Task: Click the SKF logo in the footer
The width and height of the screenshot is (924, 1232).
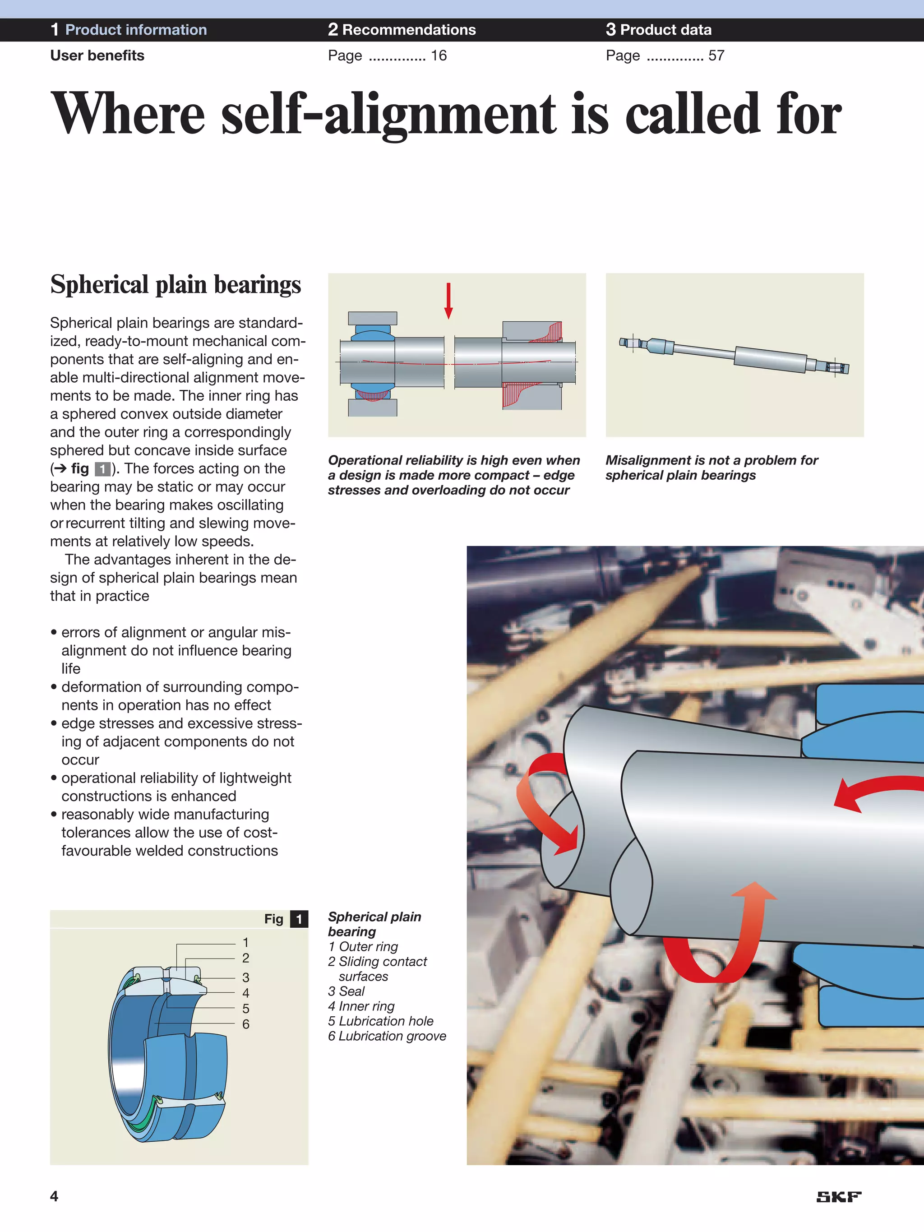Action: [x=838, y=1197]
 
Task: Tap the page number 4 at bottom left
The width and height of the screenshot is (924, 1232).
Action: [x=54, y=1196]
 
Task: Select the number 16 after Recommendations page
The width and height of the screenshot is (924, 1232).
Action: [x=439, y=56]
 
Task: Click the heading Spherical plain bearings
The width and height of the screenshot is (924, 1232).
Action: [x=176, y=285]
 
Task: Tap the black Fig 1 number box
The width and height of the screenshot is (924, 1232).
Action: [x=299, y=919]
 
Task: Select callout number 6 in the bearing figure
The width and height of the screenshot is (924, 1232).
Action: [x=245, y=1024]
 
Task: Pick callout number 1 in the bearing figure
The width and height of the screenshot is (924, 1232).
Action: [x=245, y=943]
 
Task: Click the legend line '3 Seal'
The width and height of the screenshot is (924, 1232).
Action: [x=346, y=991]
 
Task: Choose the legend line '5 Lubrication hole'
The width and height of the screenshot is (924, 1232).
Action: [x=380, y=1021]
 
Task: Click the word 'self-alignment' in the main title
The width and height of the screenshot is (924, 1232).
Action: [x=388, y=114]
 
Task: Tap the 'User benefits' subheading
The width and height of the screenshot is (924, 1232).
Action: [x=97, y=56]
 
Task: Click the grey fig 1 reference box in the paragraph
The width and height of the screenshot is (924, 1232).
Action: [x=102, y=469]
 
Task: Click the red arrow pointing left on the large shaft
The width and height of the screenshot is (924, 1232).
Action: [x=874, y=791]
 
